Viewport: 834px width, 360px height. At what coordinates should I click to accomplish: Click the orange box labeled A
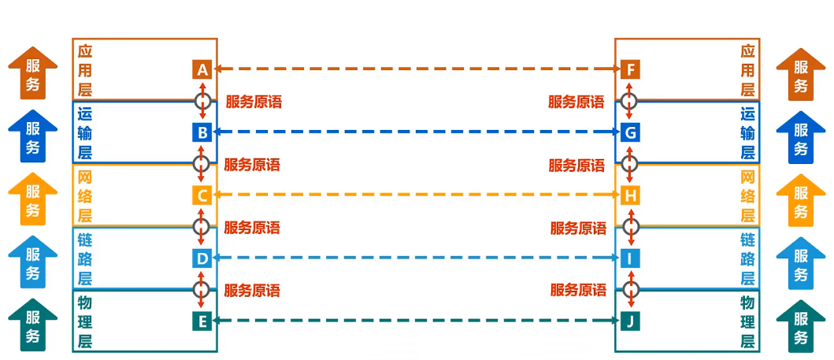point(202,69)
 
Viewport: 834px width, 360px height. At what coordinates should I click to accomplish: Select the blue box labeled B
point(202,132)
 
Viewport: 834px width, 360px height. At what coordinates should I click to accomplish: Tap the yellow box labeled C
point(202,195)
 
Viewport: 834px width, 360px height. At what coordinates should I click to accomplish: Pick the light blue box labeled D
point(202,258)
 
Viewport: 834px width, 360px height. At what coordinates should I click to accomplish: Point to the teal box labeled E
point(202,321)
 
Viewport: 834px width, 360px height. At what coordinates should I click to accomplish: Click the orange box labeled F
point(630,69)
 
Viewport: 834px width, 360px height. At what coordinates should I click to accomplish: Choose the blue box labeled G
point(630,132)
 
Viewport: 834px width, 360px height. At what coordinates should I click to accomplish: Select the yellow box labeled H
point(630,195)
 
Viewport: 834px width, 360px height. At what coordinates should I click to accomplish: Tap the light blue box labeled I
point(630,258)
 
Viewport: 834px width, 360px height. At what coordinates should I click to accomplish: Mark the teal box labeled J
point(630,321)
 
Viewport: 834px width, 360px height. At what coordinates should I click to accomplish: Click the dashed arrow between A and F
point(416,69)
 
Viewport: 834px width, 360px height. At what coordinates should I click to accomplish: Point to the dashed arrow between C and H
point(416,195)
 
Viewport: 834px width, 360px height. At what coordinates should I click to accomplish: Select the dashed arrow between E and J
point(416,321)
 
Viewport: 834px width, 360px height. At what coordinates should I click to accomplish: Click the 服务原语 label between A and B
point(254,102)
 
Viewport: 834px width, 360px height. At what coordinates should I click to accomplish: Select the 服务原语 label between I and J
point(578,291)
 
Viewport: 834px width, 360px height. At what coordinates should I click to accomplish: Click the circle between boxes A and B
point(202,101)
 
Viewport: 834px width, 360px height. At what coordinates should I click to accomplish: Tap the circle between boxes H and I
point(630,227)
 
